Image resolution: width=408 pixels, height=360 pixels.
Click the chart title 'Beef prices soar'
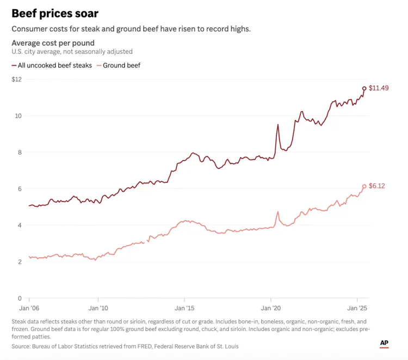55,13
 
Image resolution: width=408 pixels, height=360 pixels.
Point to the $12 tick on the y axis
16,80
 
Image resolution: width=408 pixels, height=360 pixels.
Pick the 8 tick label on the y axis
19,152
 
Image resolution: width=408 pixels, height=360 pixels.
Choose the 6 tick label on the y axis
19,189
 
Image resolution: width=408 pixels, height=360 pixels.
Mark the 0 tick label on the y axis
19,298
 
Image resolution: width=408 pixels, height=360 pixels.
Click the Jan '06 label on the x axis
29,308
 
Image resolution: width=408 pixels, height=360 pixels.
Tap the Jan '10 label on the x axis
98,308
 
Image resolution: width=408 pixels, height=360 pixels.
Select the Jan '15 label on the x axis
184,308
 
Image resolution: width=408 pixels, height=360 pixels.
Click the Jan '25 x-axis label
357,308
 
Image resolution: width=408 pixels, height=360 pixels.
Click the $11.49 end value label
379,88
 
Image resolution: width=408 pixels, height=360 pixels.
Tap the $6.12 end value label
377,186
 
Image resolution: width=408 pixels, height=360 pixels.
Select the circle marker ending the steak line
364,88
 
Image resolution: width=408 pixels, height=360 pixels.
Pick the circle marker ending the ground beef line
364,186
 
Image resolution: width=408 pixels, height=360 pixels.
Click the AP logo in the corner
384,343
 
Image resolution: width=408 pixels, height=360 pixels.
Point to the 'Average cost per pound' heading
53,43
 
